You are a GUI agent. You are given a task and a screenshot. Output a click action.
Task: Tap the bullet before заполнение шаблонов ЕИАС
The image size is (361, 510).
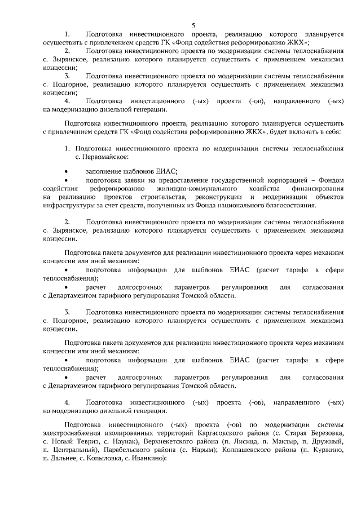pyautogui.click(x=67, y=171)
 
